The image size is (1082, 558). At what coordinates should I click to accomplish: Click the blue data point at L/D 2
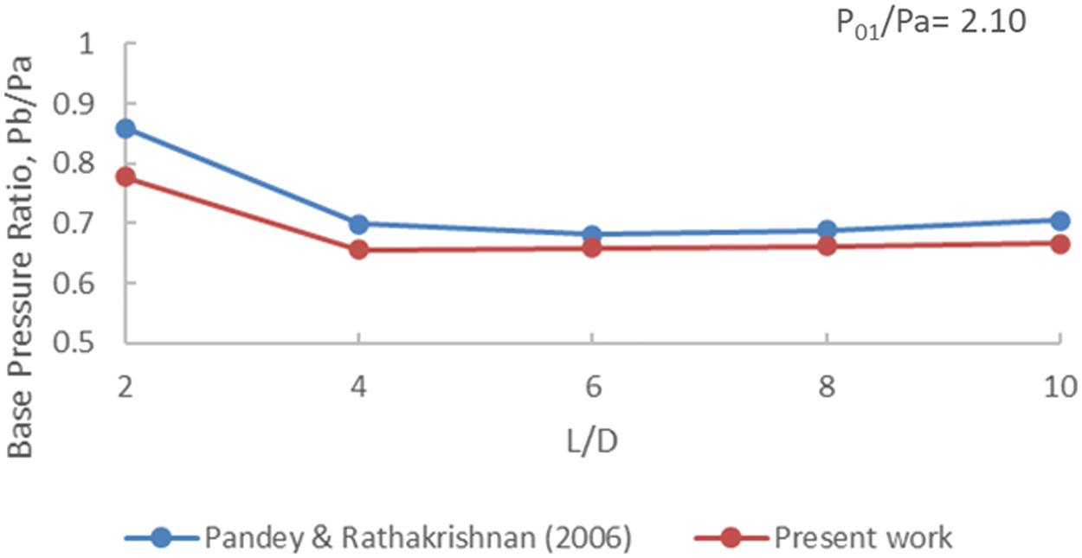(126, 129)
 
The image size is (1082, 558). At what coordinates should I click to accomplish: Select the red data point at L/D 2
(126, 177)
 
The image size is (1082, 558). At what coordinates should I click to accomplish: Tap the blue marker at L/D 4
(359, 225)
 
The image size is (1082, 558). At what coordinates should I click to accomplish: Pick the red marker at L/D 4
(359, 251)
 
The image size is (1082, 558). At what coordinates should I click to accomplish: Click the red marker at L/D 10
(1059, 244)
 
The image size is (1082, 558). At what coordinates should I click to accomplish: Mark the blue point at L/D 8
(827, 231)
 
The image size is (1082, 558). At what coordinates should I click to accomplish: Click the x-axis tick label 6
(593, 388)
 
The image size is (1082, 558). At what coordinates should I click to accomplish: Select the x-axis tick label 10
(1059, 388)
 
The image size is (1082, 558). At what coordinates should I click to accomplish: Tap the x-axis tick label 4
(359, 388)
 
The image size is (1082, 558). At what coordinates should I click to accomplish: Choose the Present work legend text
(862, 538)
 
